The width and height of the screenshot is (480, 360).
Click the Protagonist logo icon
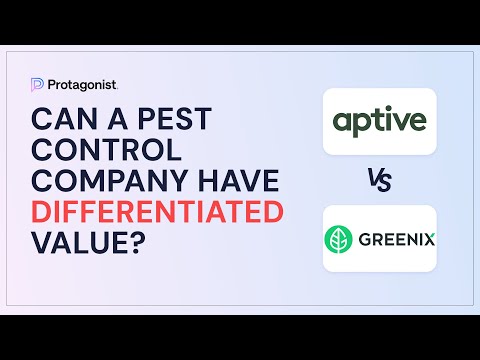click(38, 84)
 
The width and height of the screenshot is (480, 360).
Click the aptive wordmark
click(379, 122)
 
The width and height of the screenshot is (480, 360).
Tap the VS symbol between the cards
click(379, 181)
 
